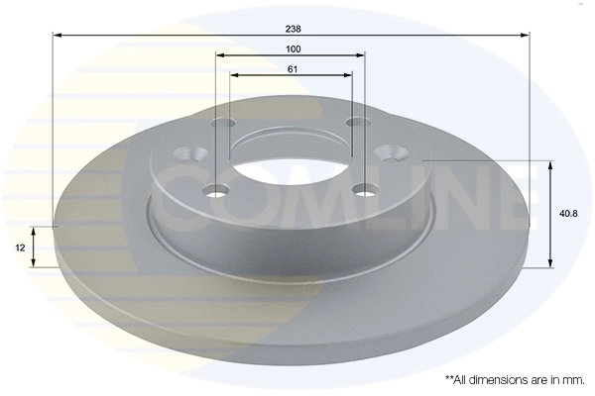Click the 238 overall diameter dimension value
(x=291, y=27)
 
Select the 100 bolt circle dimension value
(x=293, y=49)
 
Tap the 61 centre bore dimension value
(x=293, y=68)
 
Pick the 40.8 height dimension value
(x=567, y=213)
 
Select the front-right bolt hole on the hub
(x=367, y=188)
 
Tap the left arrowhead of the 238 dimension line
(x=56, y=35)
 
